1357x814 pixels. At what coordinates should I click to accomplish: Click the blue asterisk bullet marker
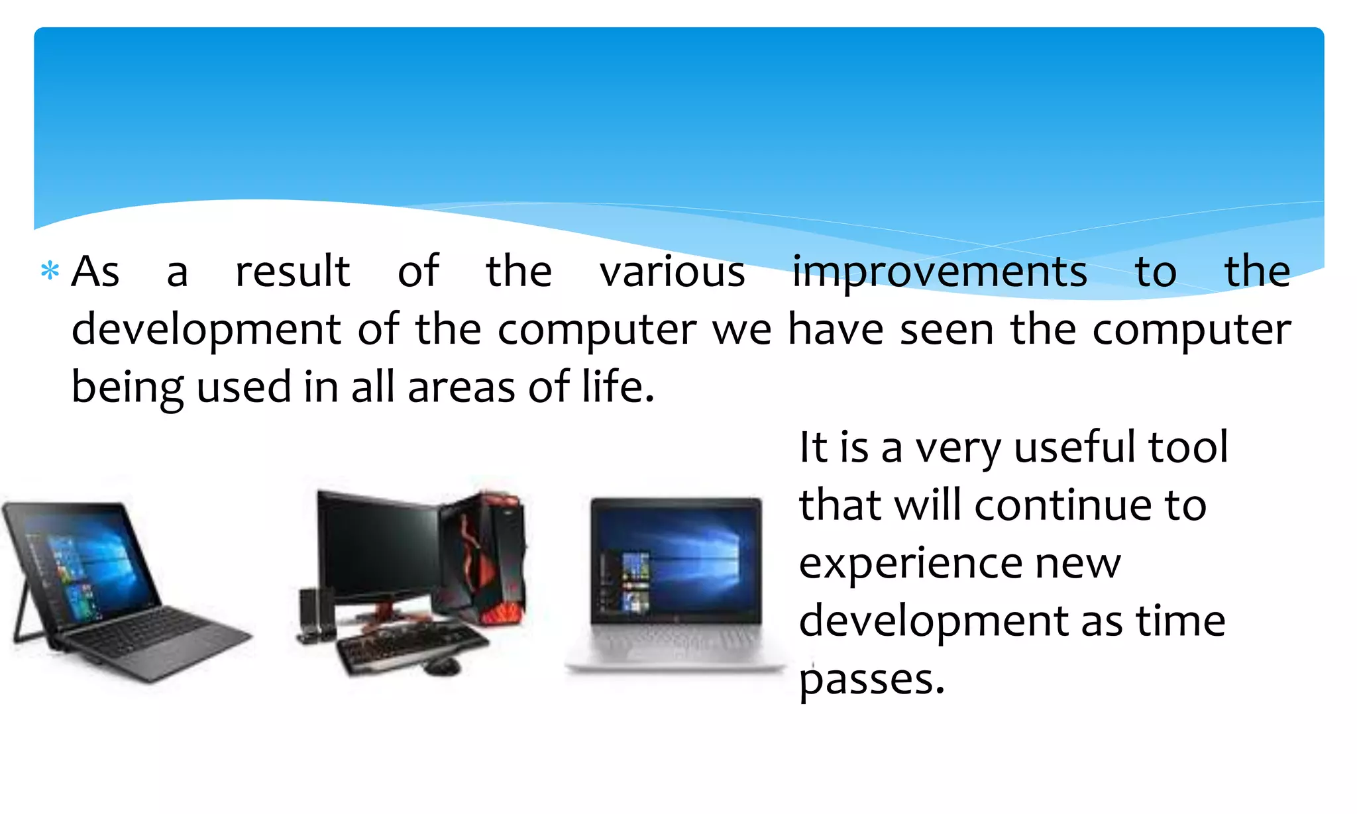[x=50, y=271]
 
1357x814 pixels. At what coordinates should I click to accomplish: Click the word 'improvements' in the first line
[x=940, y=272]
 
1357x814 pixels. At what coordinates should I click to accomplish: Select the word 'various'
[x=672, y=272]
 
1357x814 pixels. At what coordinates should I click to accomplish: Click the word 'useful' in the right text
[x=1074, y=446]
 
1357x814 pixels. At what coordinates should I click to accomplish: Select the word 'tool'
[x=1188, y=446]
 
